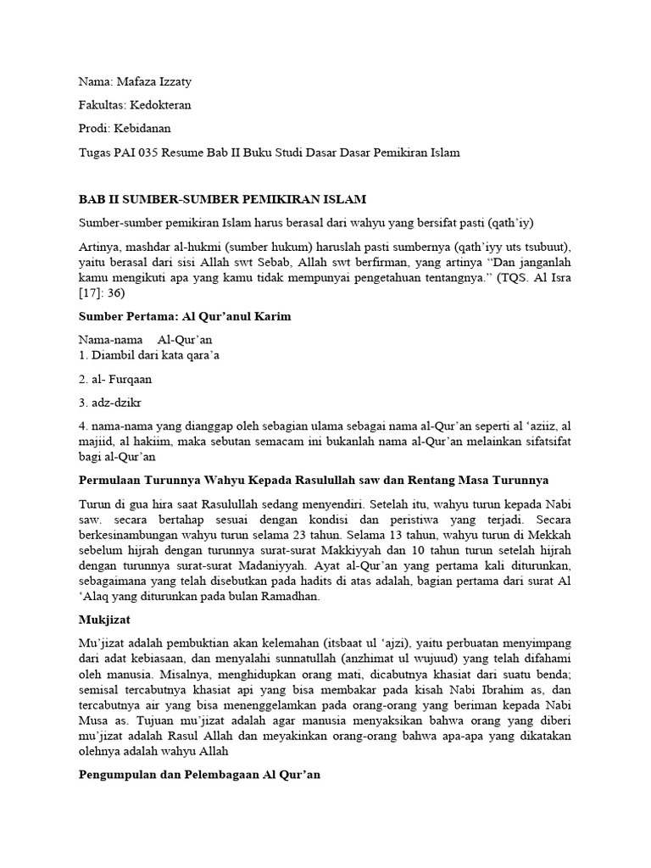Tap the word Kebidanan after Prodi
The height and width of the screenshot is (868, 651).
tap(144, 130)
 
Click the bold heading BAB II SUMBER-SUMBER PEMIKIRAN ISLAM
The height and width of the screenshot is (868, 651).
tap(222, 200)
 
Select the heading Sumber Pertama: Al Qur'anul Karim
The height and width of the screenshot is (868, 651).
tap(185, 316)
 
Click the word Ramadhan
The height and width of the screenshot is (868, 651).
tap(291, 597)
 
